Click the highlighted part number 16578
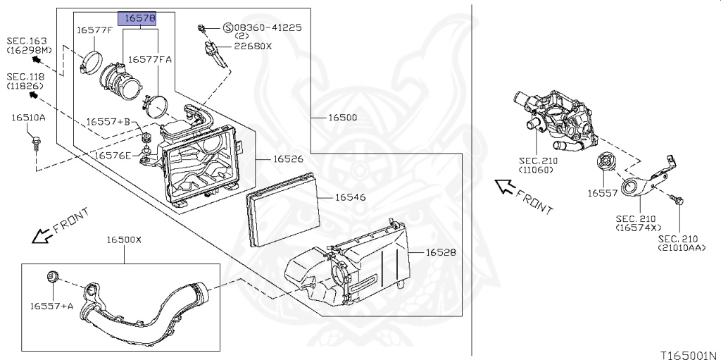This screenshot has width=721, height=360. click(x=137, y=18)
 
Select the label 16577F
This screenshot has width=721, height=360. click(x=94, y=31)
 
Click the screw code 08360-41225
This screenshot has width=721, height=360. click(x=268, y=27)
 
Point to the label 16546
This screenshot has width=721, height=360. click(x=351, y=197)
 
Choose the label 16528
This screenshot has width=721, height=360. click(x=441, y=252)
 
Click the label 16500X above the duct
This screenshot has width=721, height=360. click(x=124, y=240)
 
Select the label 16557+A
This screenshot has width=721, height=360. click(x=52, y=305)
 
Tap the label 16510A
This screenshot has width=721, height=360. click(x=28, y=118)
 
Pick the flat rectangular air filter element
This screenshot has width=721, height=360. click(x=283, y=210)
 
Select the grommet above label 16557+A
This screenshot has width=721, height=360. click(x=53, y=277)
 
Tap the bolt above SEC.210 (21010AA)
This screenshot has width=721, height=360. click(x=676, y=199)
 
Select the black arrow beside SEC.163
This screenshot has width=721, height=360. click(x=37, y=59)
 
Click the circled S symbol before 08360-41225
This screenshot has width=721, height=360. click(x=228, y=27)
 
